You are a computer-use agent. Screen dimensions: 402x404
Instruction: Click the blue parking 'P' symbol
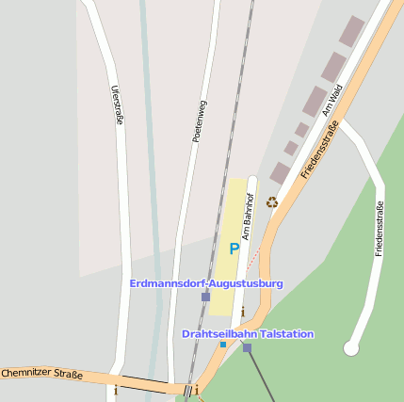(234, 249)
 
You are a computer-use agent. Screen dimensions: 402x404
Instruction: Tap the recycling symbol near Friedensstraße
(272, 201)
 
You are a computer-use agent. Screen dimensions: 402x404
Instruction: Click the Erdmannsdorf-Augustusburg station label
(205, 283)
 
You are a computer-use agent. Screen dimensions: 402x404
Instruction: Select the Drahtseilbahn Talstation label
(248, 334)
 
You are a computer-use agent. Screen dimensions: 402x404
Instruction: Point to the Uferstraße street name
(118, 105)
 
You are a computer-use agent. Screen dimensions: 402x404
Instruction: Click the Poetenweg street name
(200, 121)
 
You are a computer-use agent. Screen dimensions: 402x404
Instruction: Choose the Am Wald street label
(330, 100)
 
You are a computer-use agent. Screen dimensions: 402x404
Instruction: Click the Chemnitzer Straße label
(41, 375)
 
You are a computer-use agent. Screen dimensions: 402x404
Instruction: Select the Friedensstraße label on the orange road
(319, 154)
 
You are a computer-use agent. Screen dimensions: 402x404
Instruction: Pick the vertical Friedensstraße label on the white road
(379, 229)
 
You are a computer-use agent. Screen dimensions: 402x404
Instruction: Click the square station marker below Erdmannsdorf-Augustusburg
(205, 297)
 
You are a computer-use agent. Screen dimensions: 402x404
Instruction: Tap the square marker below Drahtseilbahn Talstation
(247, 347)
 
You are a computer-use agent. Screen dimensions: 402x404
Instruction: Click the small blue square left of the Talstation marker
(223, 345)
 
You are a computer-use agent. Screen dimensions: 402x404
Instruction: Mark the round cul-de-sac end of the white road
(351, 348)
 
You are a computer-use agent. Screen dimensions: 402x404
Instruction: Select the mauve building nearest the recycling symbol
(279, 173)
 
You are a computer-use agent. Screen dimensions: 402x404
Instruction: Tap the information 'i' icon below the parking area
(242, 312)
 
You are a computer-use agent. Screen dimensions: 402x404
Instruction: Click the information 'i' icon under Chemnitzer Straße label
(116, 388)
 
